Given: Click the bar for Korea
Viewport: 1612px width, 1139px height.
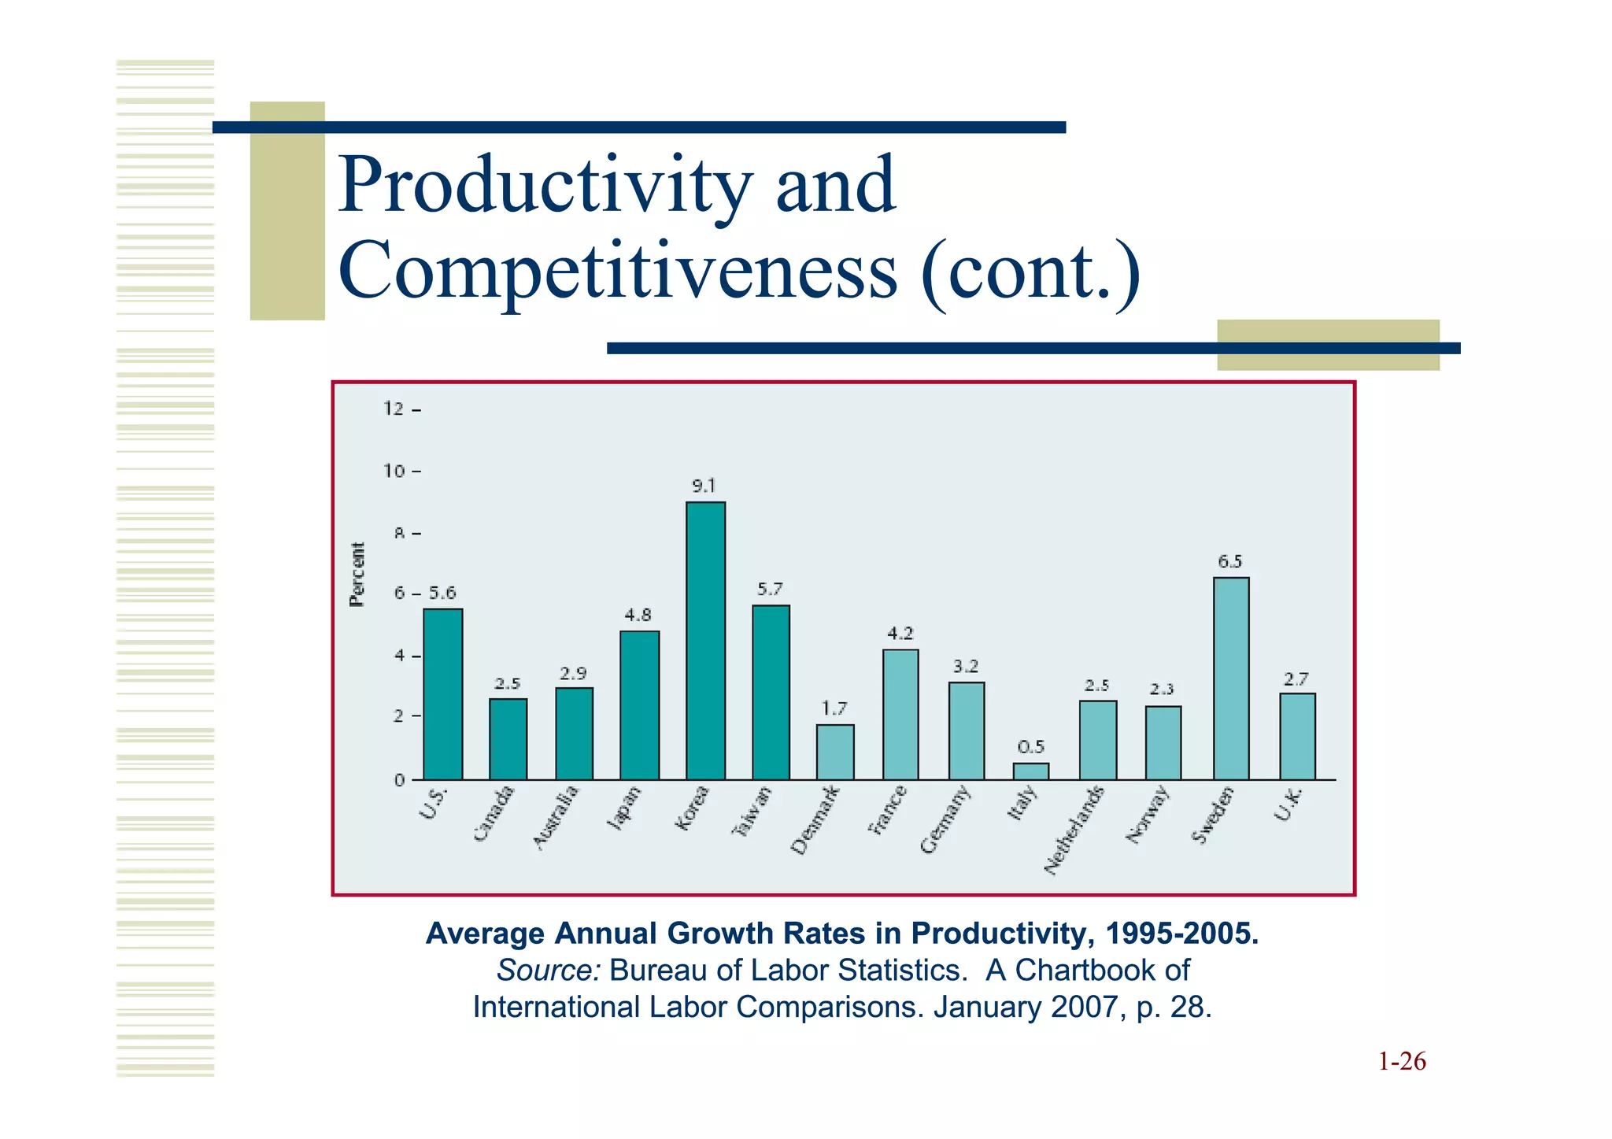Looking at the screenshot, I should point(705,641).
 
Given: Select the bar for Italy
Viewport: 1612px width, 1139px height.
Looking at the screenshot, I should point(1030,771).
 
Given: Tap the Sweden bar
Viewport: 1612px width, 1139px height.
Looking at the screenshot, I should point(1231,679).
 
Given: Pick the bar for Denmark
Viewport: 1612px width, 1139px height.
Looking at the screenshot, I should point(834,752).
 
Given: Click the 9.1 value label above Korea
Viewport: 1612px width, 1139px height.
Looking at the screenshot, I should point(704,486).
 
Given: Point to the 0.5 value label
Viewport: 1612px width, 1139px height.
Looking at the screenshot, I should point(1030,746).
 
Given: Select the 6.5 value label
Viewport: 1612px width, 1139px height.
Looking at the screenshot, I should point(1229,561).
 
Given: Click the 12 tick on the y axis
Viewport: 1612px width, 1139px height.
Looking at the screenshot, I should point(394,409).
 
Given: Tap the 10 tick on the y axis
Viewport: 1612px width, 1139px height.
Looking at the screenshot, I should point(394,471).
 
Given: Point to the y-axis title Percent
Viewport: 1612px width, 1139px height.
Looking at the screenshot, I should point(357,575).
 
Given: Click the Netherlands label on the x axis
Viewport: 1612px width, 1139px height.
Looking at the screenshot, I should point(1074,830).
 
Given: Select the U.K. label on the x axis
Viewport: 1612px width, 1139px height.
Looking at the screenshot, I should point(1288,804).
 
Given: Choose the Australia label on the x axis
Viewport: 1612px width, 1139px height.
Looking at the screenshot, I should point(555,817).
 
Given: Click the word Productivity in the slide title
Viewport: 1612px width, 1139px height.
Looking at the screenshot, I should point(545,186).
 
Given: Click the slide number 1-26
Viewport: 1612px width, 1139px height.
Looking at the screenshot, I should point(1401,1062).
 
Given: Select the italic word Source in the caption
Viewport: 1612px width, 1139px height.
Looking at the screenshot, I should point(548,971).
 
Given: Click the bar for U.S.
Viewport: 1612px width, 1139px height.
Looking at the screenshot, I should point(442,694).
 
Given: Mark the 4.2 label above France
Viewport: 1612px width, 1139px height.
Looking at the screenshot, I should point(900,633).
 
